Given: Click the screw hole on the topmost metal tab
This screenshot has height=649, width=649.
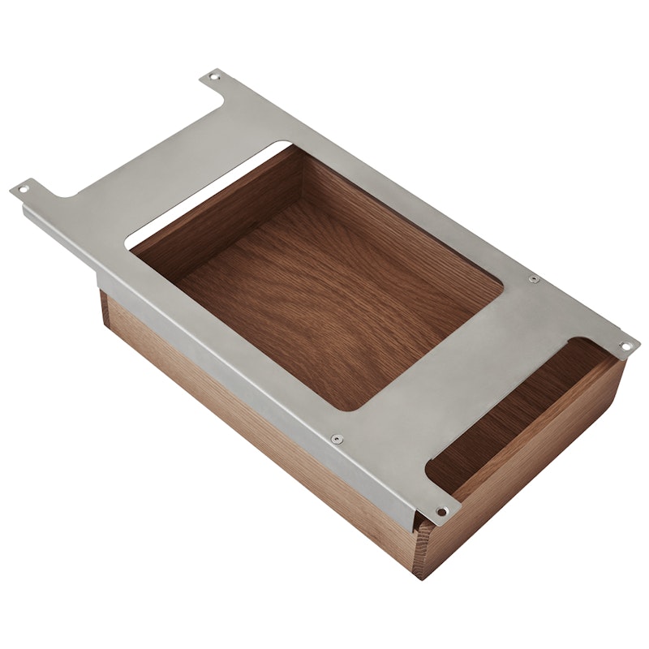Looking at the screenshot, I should click(x=214, y=77).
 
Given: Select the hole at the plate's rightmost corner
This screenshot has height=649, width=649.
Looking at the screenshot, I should click(x=625, y=346).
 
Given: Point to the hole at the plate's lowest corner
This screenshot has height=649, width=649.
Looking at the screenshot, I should click(x=441, y=511).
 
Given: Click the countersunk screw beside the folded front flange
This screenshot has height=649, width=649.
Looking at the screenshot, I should click(x=333, y=439).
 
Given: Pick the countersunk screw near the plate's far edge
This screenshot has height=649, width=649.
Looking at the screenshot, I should click(x=533, y=280).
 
